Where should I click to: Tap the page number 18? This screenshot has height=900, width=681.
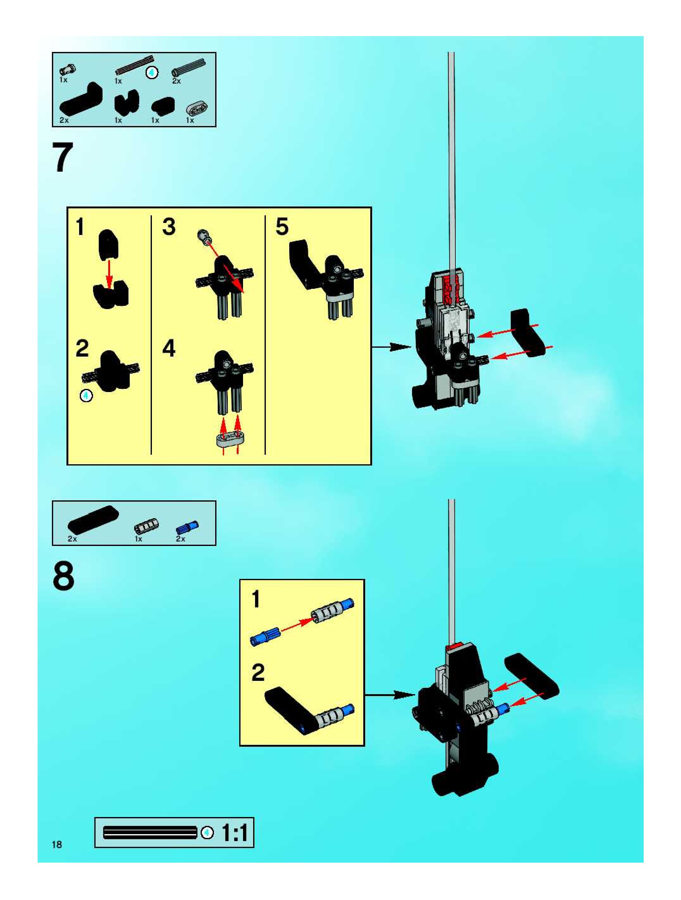[57, 844]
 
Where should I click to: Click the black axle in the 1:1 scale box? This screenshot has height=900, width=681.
[150, 833]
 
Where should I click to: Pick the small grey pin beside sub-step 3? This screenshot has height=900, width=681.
[204, 236]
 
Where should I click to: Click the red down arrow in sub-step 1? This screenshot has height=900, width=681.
[109, 274]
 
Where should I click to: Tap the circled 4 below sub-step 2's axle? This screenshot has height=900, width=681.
[86, 395]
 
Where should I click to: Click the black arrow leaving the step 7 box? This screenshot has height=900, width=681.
[391, 347]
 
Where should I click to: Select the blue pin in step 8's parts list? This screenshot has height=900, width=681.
[187, 527]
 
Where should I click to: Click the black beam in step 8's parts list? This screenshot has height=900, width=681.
[93, 519]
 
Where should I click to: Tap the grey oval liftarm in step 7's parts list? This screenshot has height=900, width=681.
[197, 108]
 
